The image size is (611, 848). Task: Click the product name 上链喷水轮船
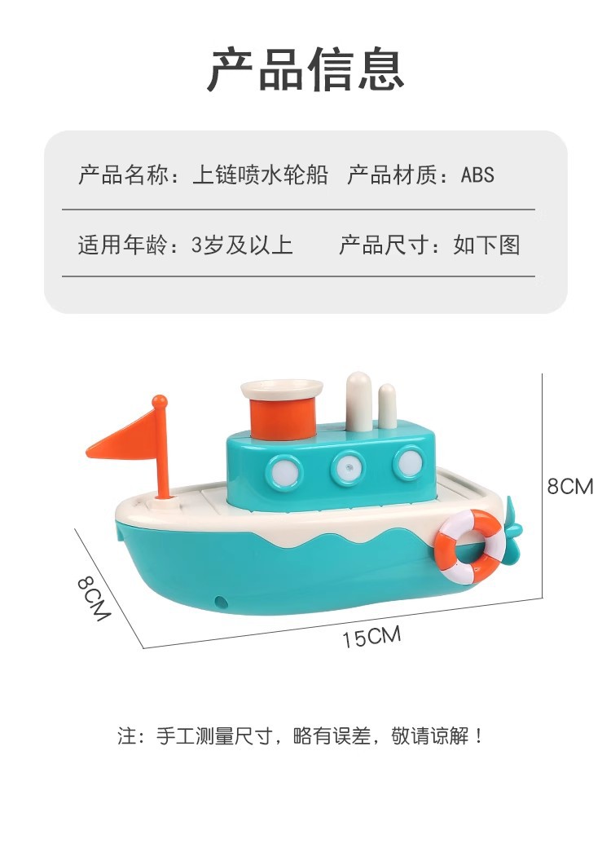pos(260,174)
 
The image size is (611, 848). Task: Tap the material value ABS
pos(477,174)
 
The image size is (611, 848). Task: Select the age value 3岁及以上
pos(242,245)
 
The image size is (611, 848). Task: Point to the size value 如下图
pos(486,245)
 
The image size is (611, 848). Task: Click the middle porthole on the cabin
pos(347,467)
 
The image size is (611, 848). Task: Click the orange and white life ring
pos(468,546)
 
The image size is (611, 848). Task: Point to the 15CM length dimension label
pos(371,637)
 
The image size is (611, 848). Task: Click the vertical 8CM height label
pos(569,487)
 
